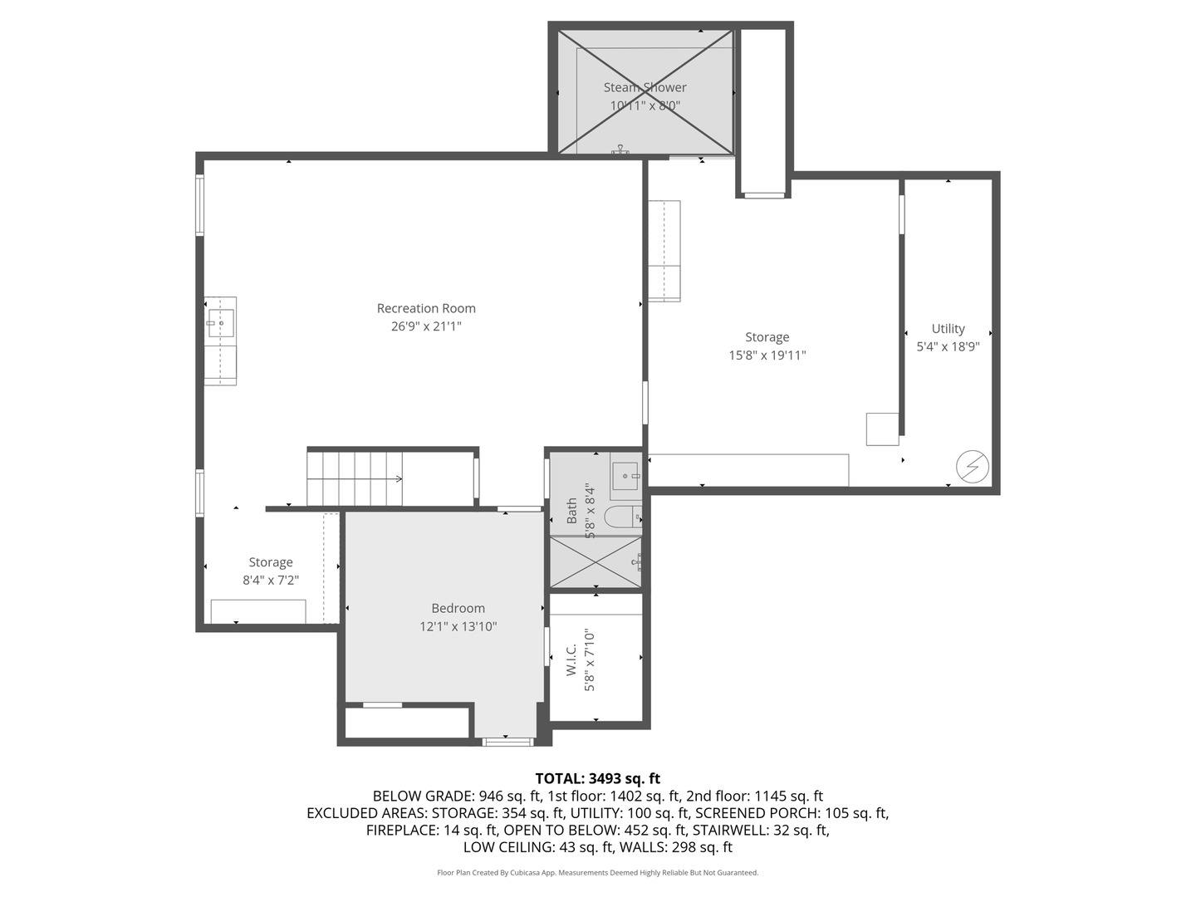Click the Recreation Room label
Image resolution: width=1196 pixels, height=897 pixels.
426,308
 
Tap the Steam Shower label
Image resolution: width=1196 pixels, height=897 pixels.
645,87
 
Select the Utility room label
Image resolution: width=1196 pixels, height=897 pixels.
948,328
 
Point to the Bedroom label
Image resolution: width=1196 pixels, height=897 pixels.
458,608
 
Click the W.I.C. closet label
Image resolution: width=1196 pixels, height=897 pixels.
571,660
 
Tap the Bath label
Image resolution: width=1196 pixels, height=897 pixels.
571,510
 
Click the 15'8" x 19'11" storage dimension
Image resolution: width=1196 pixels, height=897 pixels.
767,355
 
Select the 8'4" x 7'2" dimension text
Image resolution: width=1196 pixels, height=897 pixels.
271,580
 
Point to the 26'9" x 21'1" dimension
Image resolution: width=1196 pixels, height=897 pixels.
426,326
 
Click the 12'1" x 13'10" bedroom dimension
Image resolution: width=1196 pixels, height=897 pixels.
458,626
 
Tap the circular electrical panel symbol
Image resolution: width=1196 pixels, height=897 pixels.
972,466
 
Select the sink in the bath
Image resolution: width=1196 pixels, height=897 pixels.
625,476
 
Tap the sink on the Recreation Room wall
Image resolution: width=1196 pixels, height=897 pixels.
221,323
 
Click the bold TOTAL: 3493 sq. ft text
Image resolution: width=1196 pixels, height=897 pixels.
598,778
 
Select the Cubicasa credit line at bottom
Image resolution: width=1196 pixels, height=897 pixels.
598,872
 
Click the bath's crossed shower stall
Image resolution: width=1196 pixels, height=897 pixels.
596,562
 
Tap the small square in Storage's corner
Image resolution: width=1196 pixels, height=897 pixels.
883,429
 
